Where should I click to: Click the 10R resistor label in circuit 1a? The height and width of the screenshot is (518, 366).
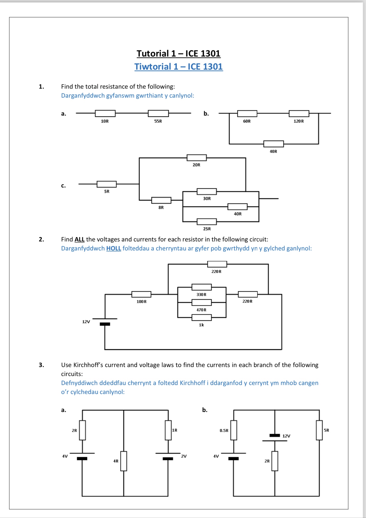click(105, 121)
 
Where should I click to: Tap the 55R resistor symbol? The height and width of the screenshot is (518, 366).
click(158, 113)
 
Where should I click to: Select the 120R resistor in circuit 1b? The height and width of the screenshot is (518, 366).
click(299, 113)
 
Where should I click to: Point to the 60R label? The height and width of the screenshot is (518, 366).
click(247, 121)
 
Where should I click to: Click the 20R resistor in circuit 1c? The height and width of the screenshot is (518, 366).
click(197, 158)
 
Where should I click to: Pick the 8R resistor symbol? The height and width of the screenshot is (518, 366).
click(161, 200)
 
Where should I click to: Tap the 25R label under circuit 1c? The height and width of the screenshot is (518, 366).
click(207, 229)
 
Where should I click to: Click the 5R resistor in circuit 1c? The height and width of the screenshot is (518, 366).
click(107, 184)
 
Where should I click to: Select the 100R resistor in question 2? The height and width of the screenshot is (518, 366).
click(141, 294)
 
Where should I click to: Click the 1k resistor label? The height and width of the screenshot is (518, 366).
click(201, 325)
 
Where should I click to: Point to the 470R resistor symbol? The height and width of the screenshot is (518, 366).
click(201, 303)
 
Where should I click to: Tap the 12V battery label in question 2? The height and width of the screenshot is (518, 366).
click(86, 322)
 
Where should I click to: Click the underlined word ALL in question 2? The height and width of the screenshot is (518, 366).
click(80, 239)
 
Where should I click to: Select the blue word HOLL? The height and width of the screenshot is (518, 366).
click(113, 248)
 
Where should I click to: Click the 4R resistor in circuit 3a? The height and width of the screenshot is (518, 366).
click(124, 461)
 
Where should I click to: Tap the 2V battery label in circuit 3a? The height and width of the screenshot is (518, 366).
click(184, 456)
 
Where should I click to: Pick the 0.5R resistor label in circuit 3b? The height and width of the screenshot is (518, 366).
click(224, 430)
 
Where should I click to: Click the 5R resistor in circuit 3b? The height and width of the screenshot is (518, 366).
click(319, 430)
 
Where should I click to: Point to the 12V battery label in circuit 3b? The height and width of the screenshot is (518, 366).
click(286, 436)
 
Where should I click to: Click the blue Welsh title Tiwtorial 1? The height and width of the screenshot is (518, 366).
click(178, 67)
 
